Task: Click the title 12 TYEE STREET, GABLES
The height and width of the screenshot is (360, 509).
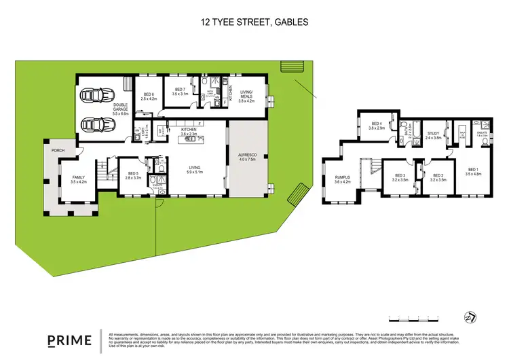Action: [254, 22]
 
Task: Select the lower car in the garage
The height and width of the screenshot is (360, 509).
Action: [94, 126]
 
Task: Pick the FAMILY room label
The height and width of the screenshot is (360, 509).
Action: [79, 179]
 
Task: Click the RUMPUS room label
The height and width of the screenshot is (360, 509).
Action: [341, 180]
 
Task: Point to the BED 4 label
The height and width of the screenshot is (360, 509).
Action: [376, 126]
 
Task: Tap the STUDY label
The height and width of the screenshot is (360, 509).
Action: [433, 135]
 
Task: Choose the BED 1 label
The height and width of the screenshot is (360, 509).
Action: [472, 171]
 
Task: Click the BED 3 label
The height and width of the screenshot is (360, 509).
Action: [400, 178]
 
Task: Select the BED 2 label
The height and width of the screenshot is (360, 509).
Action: [438, 178]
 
